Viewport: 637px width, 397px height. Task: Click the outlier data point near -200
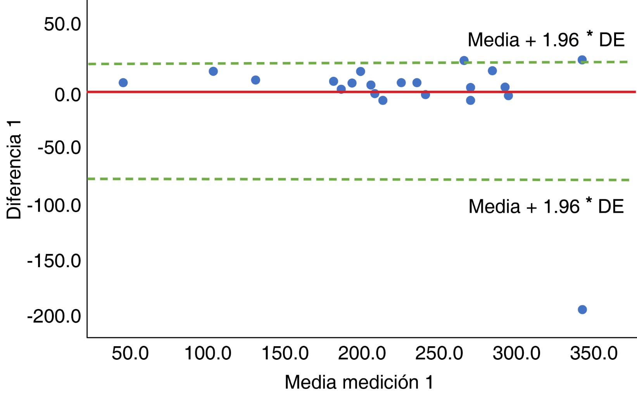tap(582, 309)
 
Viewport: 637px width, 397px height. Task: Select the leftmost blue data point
tap(123, 83)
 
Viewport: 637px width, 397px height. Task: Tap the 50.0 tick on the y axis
tap(62, 24)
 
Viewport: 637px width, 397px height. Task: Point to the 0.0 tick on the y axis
tap(67, 95)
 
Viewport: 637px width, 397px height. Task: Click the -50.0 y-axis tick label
tap(59, 148)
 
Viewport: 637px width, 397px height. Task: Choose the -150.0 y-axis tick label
tap(54, 261)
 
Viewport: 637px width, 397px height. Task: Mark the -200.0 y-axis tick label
tap(54, 316)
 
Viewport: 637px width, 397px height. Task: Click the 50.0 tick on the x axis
tap(130, 354)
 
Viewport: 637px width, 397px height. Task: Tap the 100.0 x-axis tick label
tap(207, 354)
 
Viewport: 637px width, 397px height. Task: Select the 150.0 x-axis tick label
tap(285, 354)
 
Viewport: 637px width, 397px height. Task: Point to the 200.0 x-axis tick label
tap(362, 354)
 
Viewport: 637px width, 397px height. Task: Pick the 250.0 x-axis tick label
tap(439, 354)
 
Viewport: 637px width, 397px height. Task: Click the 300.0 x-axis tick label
tap(516, 354)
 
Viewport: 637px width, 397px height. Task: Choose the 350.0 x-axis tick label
tap(594, 354)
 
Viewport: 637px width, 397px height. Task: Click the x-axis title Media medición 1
tap(359, 382)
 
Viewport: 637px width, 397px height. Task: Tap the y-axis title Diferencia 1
tap(14, 170)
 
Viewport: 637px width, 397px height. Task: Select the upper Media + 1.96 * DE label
tap(546, 40)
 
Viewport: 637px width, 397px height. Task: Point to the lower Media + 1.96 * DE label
tap(546, 206)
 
